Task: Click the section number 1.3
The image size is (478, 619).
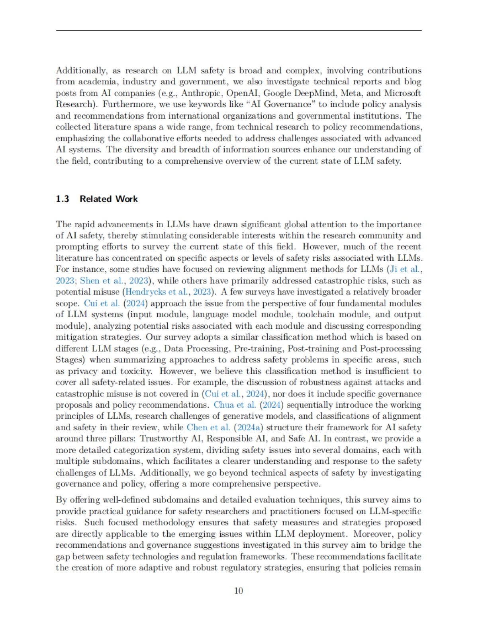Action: (x=62, y=199)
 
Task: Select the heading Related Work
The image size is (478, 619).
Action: (x=108, y=199)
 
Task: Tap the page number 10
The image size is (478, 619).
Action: (x=239, y=590)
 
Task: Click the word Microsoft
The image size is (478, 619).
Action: (x=402, y=93)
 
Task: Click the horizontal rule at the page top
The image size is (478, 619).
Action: (x=239, y=31)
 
